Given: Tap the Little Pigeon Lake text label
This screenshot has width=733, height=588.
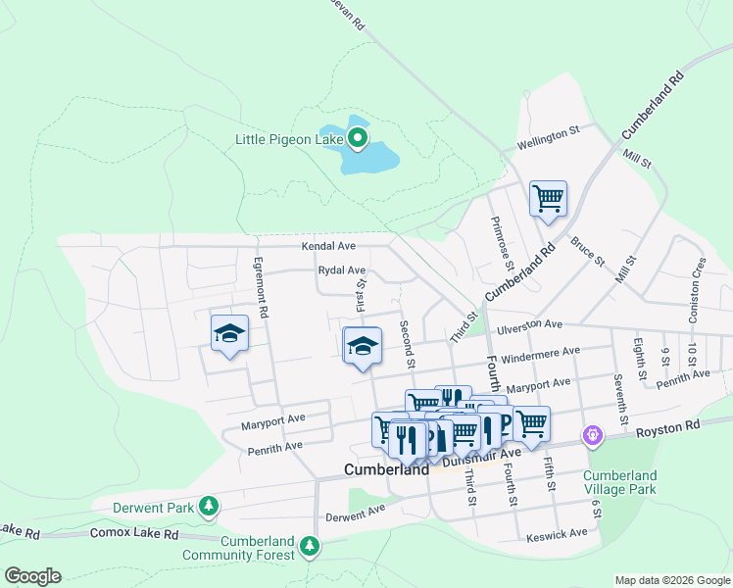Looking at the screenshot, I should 289,139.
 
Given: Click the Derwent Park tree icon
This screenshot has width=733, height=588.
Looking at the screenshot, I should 208,506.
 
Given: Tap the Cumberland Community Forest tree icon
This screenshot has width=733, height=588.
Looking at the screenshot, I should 310,545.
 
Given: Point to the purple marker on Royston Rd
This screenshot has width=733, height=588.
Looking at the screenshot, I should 592,434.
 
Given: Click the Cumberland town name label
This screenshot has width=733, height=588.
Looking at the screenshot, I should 386,469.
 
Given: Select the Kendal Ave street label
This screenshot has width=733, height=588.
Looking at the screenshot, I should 328,247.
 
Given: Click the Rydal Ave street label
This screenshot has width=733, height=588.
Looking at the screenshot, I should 342,270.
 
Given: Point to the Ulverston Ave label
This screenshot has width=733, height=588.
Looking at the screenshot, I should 530,324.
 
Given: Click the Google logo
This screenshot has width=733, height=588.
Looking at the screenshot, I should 32,576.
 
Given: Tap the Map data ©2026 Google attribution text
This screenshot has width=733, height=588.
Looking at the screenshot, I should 672,580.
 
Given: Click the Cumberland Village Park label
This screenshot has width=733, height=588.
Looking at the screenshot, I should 620,482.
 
